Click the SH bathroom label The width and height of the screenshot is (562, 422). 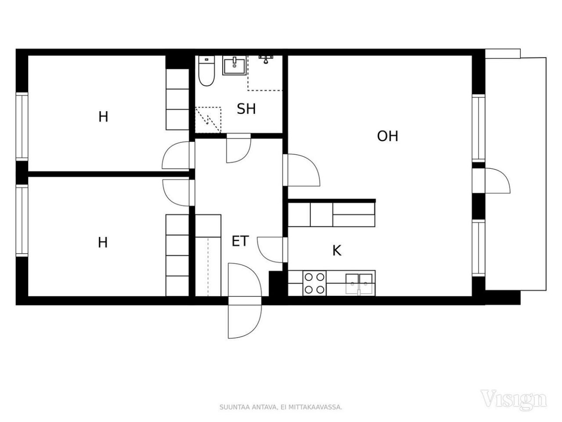point(246,109)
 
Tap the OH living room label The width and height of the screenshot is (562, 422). point(387,136)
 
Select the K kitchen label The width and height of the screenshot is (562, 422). point(336,251)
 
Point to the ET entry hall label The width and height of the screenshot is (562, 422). point(240,241)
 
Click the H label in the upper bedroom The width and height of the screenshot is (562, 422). point(103,117)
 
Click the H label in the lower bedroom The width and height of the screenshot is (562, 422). point(103,242)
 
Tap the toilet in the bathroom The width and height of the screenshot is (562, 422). point(205,73)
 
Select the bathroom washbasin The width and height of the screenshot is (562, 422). point(234,66)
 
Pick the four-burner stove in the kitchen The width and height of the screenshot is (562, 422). point(315,284)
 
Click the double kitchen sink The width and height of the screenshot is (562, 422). point(359,283)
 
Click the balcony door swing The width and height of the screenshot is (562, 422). point(496,180)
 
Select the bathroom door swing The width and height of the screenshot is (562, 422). point(238,149)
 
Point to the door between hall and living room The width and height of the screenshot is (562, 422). point(301,170)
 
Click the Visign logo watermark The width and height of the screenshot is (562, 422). point(514,399)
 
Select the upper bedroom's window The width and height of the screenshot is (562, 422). point(22,127)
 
